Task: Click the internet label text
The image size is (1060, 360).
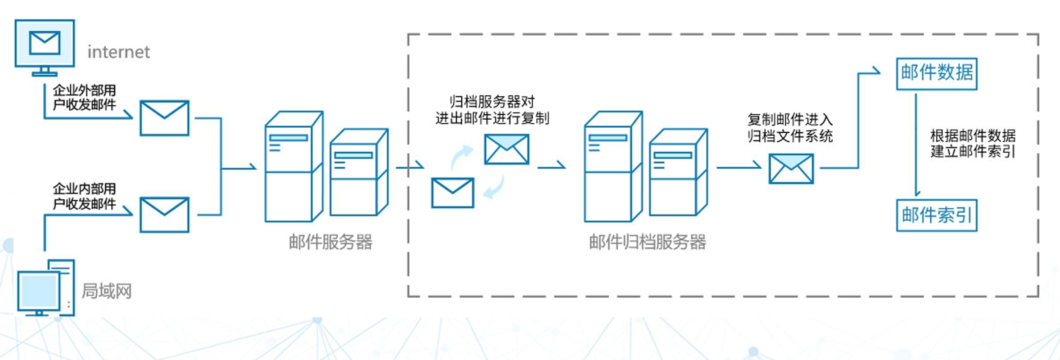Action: click(118, 52)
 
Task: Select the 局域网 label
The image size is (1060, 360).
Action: click(107, 291)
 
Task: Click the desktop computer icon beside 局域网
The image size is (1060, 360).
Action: click(45, 288)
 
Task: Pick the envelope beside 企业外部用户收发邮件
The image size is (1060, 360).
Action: click(164, 118)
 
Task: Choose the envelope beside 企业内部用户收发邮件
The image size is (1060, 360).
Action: click(164, 215)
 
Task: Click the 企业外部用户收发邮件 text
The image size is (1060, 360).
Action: click(84, 97)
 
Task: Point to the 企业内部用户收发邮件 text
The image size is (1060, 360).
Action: click(84, 196)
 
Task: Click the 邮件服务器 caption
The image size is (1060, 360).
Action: click(330, 242)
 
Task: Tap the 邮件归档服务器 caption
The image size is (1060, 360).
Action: click(647, 242)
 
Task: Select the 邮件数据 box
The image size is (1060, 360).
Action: click(937, 73)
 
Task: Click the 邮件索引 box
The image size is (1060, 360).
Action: click(937, 215)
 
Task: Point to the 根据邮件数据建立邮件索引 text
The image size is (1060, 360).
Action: click(973, 143)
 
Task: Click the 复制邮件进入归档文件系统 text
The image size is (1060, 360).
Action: click(790, 127)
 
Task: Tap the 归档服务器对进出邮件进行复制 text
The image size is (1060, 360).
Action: click(492, 109)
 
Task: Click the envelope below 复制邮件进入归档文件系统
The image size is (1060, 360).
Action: click(791, 169)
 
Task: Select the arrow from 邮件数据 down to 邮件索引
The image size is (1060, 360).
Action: click(916, 144)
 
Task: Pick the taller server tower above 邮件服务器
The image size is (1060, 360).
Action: click(293, 166)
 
